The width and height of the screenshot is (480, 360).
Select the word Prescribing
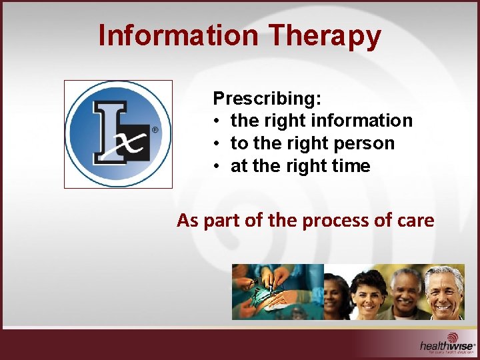click(x=267, y=99)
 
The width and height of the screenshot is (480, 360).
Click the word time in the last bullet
click(x=351, y=166)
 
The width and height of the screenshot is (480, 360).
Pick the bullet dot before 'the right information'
click(x=218, y=121)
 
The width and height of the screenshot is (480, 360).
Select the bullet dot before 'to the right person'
click(x=218, y=144)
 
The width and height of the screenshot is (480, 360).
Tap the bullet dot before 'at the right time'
click(x=218, y=167)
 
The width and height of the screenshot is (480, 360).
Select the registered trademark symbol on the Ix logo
click(x=155, y=130)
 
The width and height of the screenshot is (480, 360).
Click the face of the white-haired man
click(x=444, y=291)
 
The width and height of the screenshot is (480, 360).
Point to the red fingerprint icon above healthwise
click(x=453, y=337)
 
